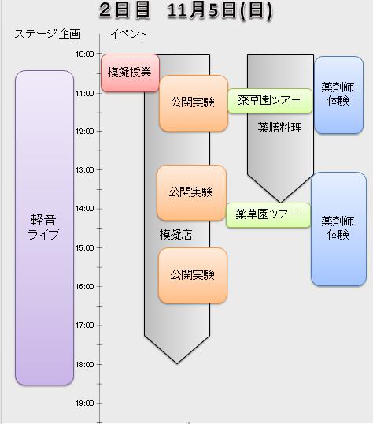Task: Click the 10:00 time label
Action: [x=84, y=54]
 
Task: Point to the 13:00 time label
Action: [x=84, y=170]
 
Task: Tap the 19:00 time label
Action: [x=84, y=404]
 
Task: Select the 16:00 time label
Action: [x=84, y=287]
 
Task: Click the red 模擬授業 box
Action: [x=130, y=73]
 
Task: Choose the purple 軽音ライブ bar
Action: [x=45, y=228]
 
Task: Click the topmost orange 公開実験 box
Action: [x=194, y=103]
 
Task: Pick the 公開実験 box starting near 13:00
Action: [x=191, y=192]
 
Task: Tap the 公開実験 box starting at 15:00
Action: [x=193, y=275]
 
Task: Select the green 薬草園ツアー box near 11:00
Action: [x=270, y=101]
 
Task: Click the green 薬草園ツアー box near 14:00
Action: [x=268, y=215]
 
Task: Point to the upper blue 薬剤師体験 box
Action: [x=338, y=95]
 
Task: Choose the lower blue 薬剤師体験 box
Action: [x=338, y=229]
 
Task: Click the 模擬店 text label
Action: [x=175, y=234]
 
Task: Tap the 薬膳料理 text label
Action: [x=280, y=128]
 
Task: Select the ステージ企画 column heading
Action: [x=47, y=34]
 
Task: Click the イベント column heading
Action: [x=128, y=34]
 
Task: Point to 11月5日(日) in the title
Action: [x=220, y=11]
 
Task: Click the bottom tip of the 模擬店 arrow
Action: [x=177, y=363]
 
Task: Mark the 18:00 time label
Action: [x=84, y=365]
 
